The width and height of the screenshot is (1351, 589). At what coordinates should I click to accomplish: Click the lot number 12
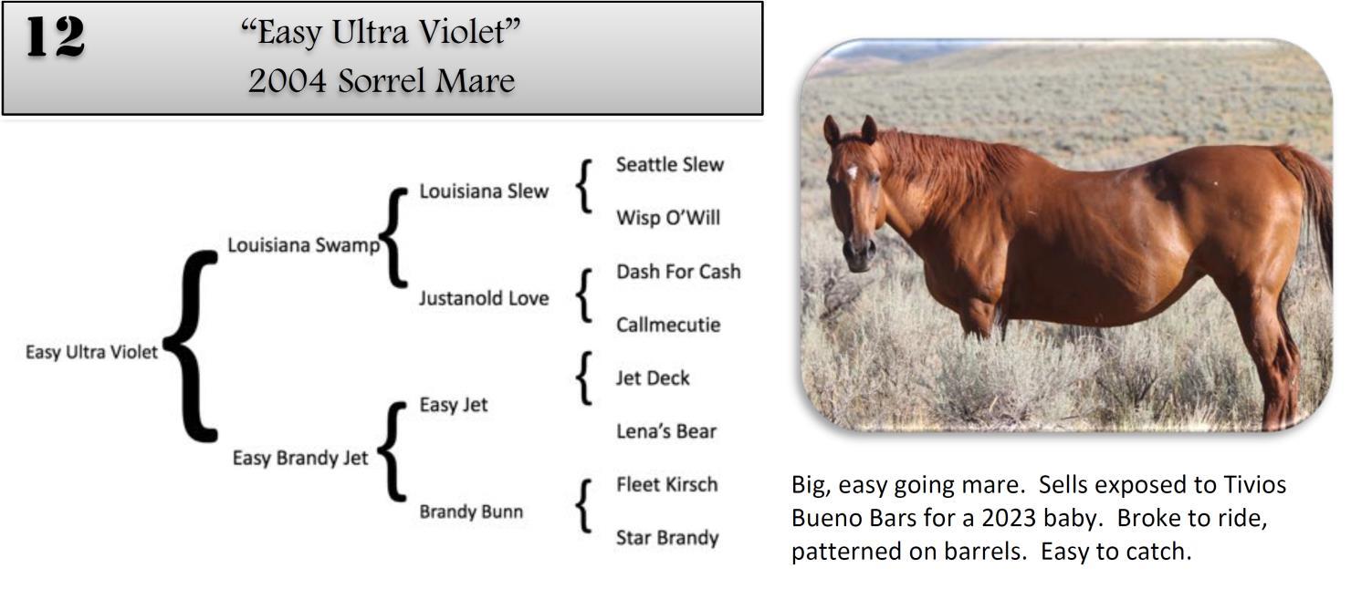pos(55,38)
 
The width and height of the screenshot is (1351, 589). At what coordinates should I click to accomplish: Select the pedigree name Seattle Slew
pos(669,165)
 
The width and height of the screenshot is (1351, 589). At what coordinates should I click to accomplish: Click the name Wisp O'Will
pos(667,218)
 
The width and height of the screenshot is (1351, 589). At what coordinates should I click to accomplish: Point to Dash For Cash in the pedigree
pos(677,272)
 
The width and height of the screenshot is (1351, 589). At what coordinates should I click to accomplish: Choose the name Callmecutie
pos(667,325)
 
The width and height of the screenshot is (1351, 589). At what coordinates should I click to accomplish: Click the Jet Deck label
pos(652,378)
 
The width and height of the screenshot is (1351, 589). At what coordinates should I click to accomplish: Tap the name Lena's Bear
pos(665,431)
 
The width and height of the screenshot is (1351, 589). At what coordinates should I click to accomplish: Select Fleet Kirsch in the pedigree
pos(666,485)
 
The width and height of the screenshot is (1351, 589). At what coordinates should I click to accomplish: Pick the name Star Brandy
pos(666,538)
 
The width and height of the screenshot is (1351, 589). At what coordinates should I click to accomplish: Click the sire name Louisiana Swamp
pos(302,245)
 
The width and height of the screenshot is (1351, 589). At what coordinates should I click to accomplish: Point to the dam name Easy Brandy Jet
pos(299,458)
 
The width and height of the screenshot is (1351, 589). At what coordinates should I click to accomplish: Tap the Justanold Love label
pos(483,298)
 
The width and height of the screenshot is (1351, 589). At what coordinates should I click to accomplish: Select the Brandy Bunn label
pos(471,511)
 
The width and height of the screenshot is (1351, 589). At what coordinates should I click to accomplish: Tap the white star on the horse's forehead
pos(852,171)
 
